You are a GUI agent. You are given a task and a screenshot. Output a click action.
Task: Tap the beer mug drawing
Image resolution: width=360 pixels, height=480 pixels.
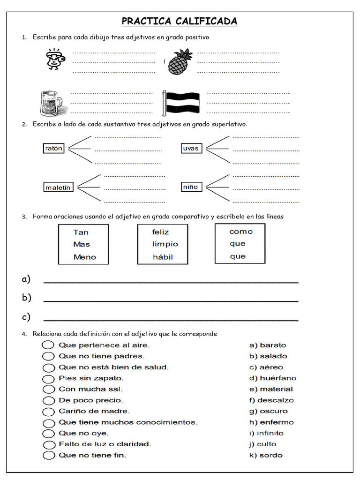(50, 103)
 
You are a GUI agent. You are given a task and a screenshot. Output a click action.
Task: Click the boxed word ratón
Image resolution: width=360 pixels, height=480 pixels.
(53, 149)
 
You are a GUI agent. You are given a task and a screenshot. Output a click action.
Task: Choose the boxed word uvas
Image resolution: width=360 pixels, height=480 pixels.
(191, 149)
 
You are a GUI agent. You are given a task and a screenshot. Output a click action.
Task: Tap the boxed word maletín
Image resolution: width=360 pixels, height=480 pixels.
(59, 187)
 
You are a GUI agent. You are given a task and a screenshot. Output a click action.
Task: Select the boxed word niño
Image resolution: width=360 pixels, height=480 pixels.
(190, 187)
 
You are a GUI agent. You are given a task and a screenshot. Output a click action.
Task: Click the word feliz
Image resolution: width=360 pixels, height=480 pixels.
(160, 232)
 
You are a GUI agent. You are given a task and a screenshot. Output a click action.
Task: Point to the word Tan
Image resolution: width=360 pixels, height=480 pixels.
(81, 232)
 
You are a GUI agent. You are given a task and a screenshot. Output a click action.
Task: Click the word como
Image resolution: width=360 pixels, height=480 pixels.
(241, 232)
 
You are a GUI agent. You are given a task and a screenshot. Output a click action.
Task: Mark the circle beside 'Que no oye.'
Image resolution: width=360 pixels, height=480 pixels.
(48, 433)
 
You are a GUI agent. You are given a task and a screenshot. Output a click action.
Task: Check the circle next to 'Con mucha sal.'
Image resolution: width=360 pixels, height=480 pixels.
(48, 389)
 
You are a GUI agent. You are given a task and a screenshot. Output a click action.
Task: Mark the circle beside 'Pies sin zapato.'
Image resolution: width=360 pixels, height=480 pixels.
(48, 378)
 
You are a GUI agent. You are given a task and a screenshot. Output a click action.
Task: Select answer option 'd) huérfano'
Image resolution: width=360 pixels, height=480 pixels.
(272, 378)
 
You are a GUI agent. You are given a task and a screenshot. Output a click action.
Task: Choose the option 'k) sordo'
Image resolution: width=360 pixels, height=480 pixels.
(266, 455)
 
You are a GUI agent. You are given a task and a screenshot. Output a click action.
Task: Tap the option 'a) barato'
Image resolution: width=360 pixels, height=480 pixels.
(267, 345)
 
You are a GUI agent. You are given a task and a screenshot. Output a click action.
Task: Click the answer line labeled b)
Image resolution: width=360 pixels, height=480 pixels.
(171, 300)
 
